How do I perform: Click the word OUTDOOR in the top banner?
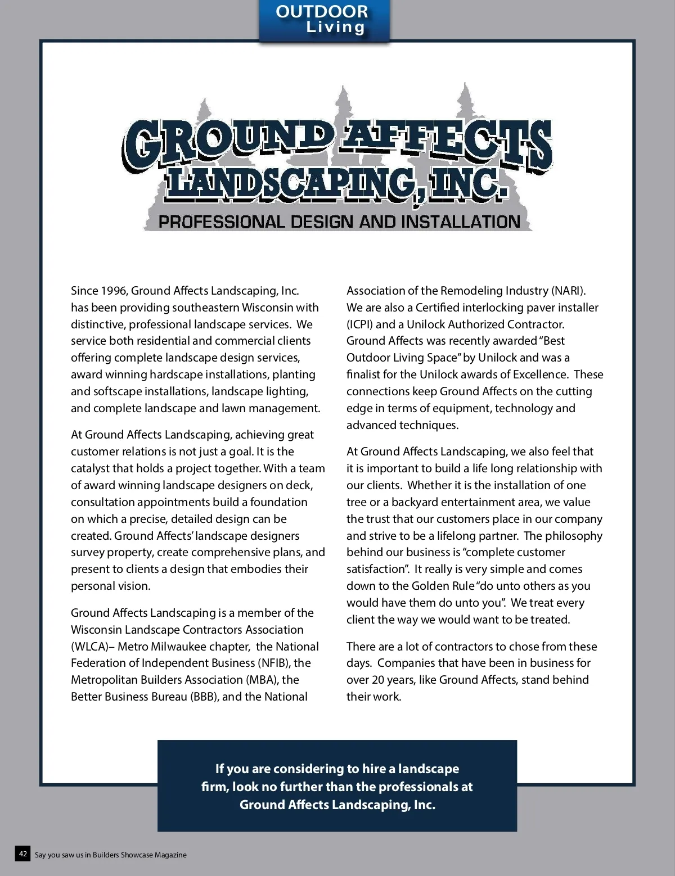click(x=322, y=12)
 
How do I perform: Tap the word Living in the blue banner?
click(x=335, y=27)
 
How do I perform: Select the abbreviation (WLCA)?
click(x=89, y=647)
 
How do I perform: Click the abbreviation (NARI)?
click(x=568, y=291)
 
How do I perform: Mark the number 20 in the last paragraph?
click(x=379, y=680)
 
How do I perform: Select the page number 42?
click(x=23, y=854)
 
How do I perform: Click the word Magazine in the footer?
click(x=170, y=855)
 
